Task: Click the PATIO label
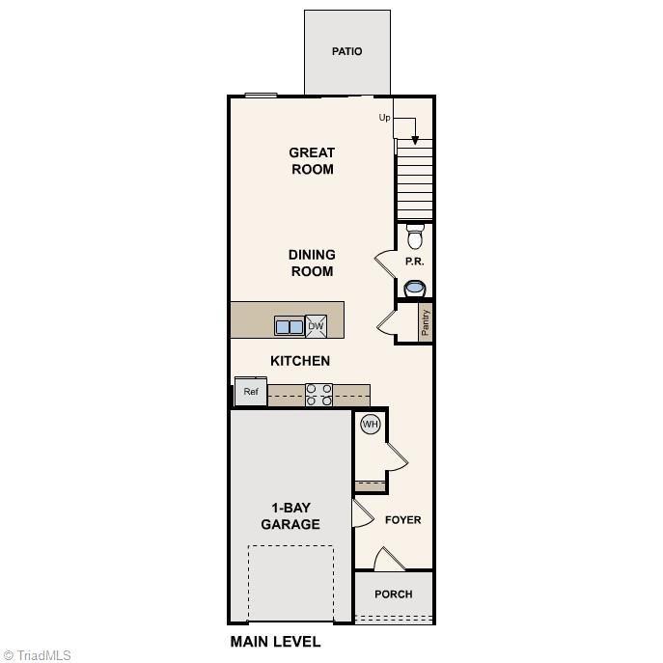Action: [347, 51]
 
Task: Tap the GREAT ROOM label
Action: [312, 161]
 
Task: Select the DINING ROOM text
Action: [311, 262]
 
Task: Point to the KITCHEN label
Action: [300, 361]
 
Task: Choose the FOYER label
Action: [403, 520]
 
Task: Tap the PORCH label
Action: [394, 594]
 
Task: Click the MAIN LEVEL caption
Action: [275, 642]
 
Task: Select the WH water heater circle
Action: [370, 424]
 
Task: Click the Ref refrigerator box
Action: [251, 392]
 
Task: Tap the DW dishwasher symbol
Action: [317, 326]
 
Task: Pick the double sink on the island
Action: [290, 327]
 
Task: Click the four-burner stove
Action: [319, 395]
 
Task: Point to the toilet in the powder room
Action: [415, 236]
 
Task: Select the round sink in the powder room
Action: [415, 288]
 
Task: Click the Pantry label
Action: [426, 323]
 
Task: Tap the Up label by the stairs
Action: [384, 118]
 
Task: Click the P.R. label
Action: [414, 262]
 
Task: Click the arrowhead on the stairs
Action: [415, 140]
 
